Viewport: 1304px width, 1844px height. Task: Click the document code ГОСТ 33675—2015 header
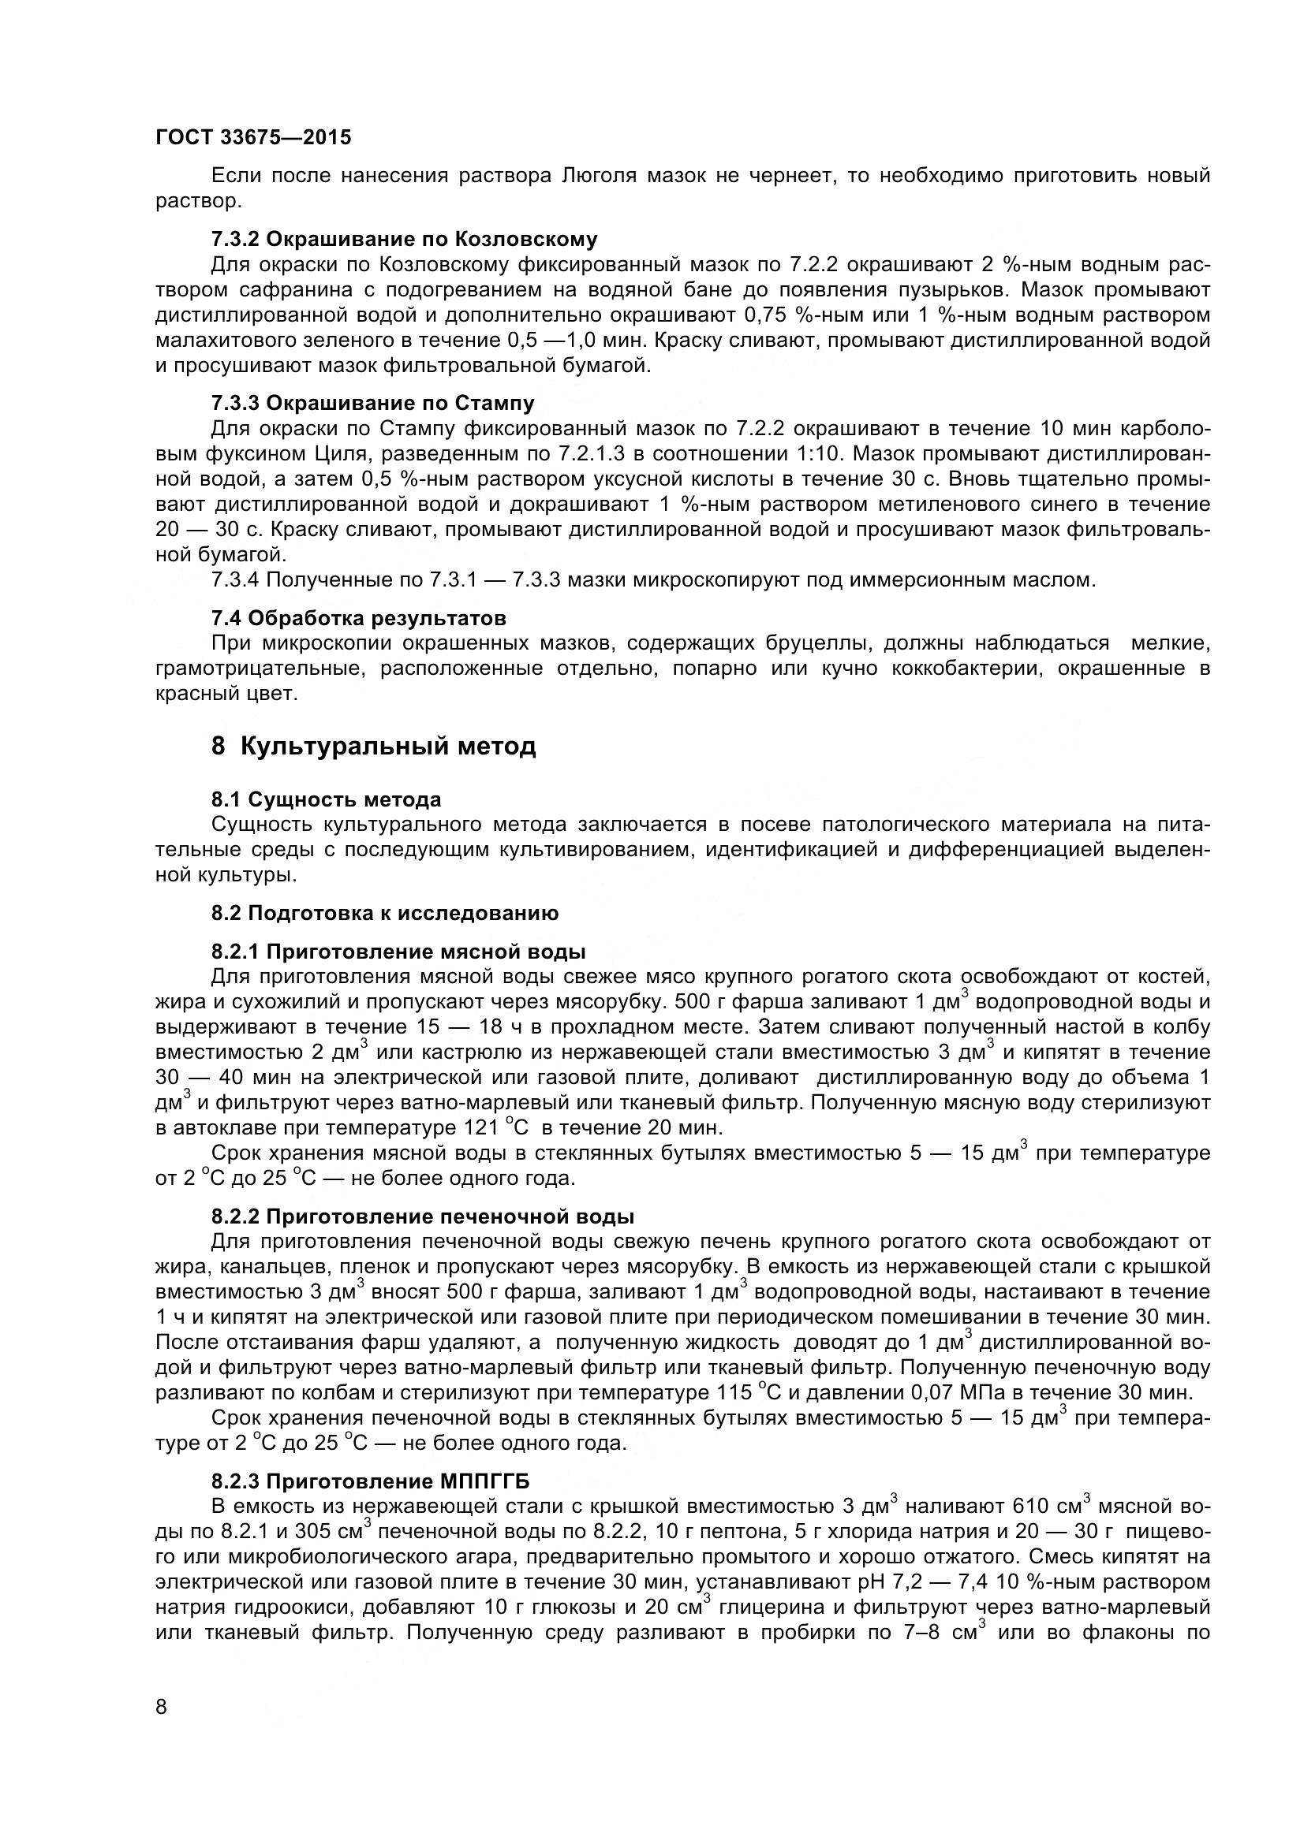(x=253, y=138)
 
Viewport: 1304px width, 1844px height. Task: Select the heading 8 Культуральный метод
(x=374, y=747)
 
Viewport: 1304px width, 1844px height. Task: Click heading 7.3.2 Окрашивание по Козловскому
(x=404, y=240)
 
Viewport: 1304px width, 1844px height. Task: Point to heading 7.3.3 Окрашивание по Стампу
(x=373, y=402)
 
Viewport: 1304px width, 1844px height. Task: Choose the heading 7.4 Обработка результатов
(x=358, y=618)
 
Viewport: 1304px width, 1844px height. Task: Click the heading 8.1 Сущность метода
(x=327, y=800)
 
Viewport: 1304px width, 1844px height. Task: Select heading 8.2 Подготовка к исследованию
(x=385, y=913)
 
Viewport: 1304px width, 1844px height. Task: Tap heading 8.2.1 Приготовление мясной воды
(x=398, y=952)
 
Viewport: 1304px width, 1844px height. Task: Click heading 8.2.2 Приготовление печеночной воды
(x=423, y=1216)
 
